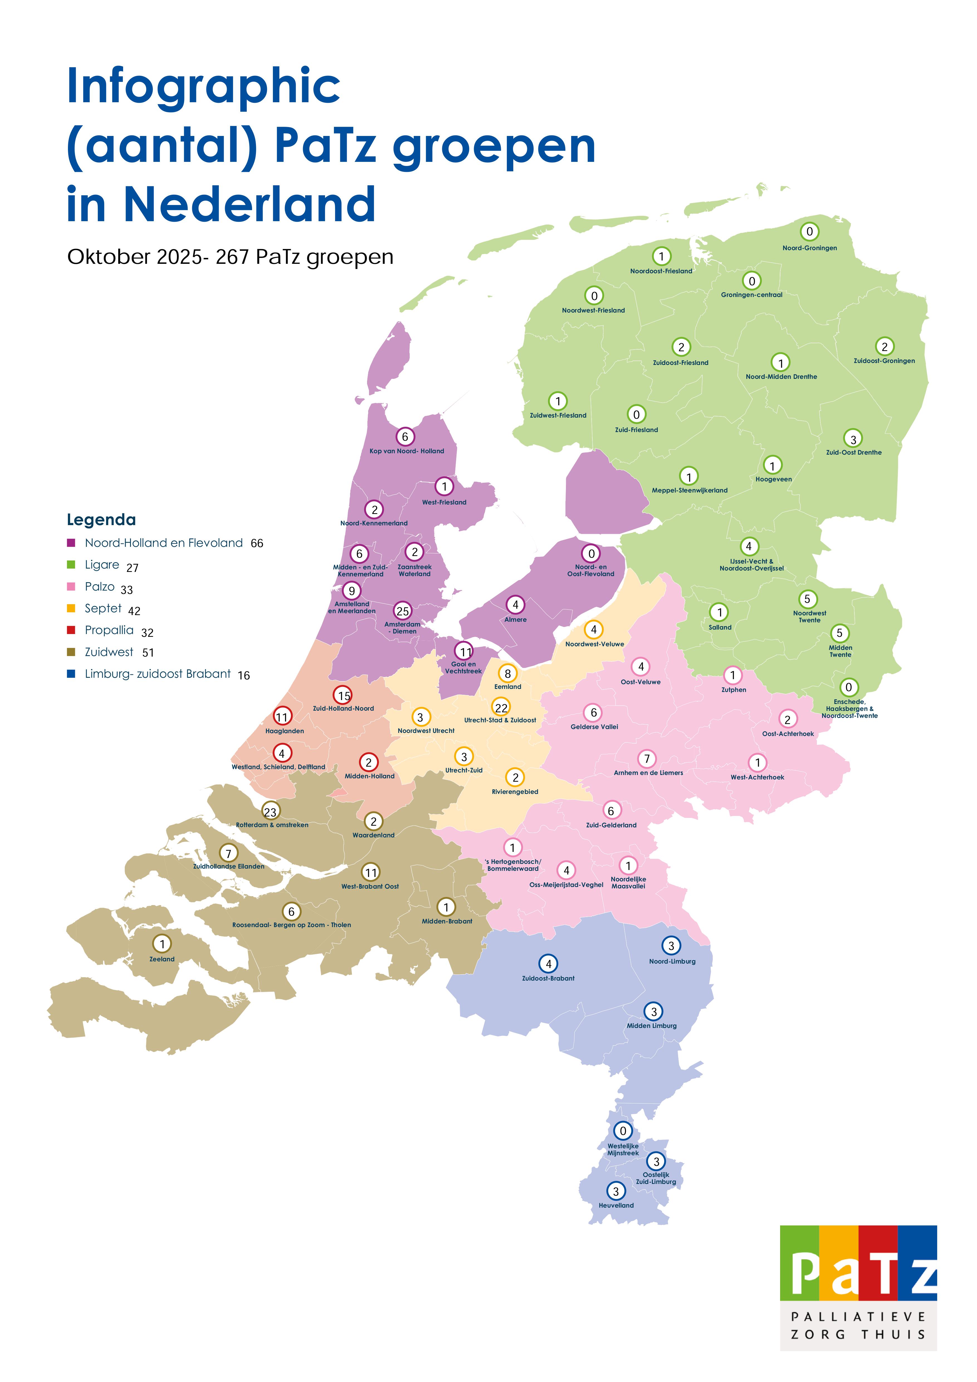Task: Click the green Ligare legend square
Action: coord(71,565)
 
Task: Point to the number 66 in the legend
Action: coord(257,543)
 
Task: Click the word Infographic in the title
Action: coord(203,86)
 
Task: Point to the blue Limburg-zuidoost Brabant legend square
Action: coord(71,674)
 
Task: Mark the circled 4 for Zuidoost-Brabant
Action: coord(548,964)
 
